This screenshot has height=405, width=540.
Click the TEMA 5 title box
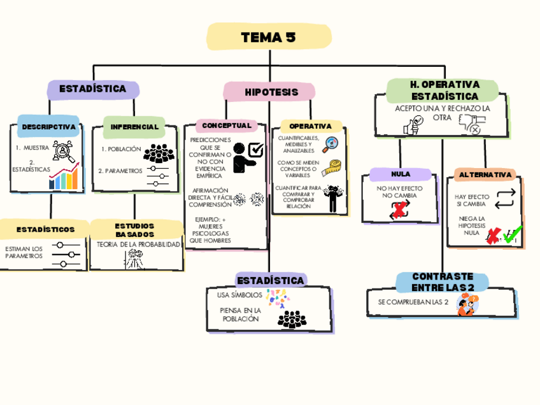point(269,38)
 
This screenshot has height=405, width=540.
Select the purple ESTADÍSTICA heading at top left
point(92,89)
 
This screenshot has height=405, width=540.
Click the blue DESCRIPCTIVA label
point(48,127)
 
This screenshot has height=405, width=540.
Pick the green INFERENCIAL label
point(134,127)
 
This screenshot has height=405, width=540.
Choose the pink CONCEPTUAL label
point(227,125)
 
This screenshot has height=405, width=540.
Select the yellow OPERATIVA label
point(311,126)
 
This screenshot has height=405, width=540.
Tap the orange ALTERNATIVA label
point(485,174)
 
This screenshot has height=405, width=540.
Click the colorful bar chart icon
point(64,178)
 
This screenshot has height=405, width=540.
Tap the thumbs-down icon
point(471,124)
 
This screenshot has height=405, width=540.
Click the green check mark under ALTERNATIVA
point(513,235)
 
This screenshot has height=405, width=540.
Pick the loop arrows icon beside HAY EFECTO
point(503,198)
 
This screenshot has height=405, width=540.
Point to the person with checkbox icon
point(247,156)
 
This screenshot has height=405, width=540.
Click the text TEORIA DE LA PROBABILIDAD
point(138,245)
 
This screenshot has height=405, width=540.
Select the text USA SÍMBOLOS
point(239,295)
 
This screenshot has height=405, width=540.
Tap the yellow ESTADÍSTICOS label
point(45,229)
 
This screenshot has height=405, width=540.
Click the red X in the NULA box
point(400,211)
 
